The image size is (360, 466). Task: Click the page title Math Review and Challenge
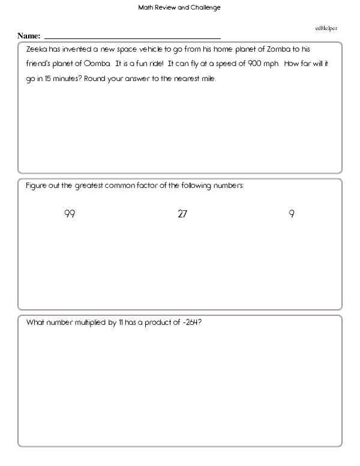click(179, 8)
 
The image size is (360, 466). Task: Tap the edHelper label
click(326, 28)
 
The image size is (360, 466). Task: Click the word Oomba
click(97, 63)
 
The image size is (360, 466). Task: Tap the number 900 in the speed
click(256, 63)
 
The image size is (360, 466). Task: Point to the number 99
click(70, 213)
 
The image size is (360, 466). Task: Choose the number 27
click(183, 213)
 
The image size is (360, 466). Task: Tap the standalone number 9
click(292, 213)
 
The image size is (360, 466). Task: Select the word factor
click(154, 186)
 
